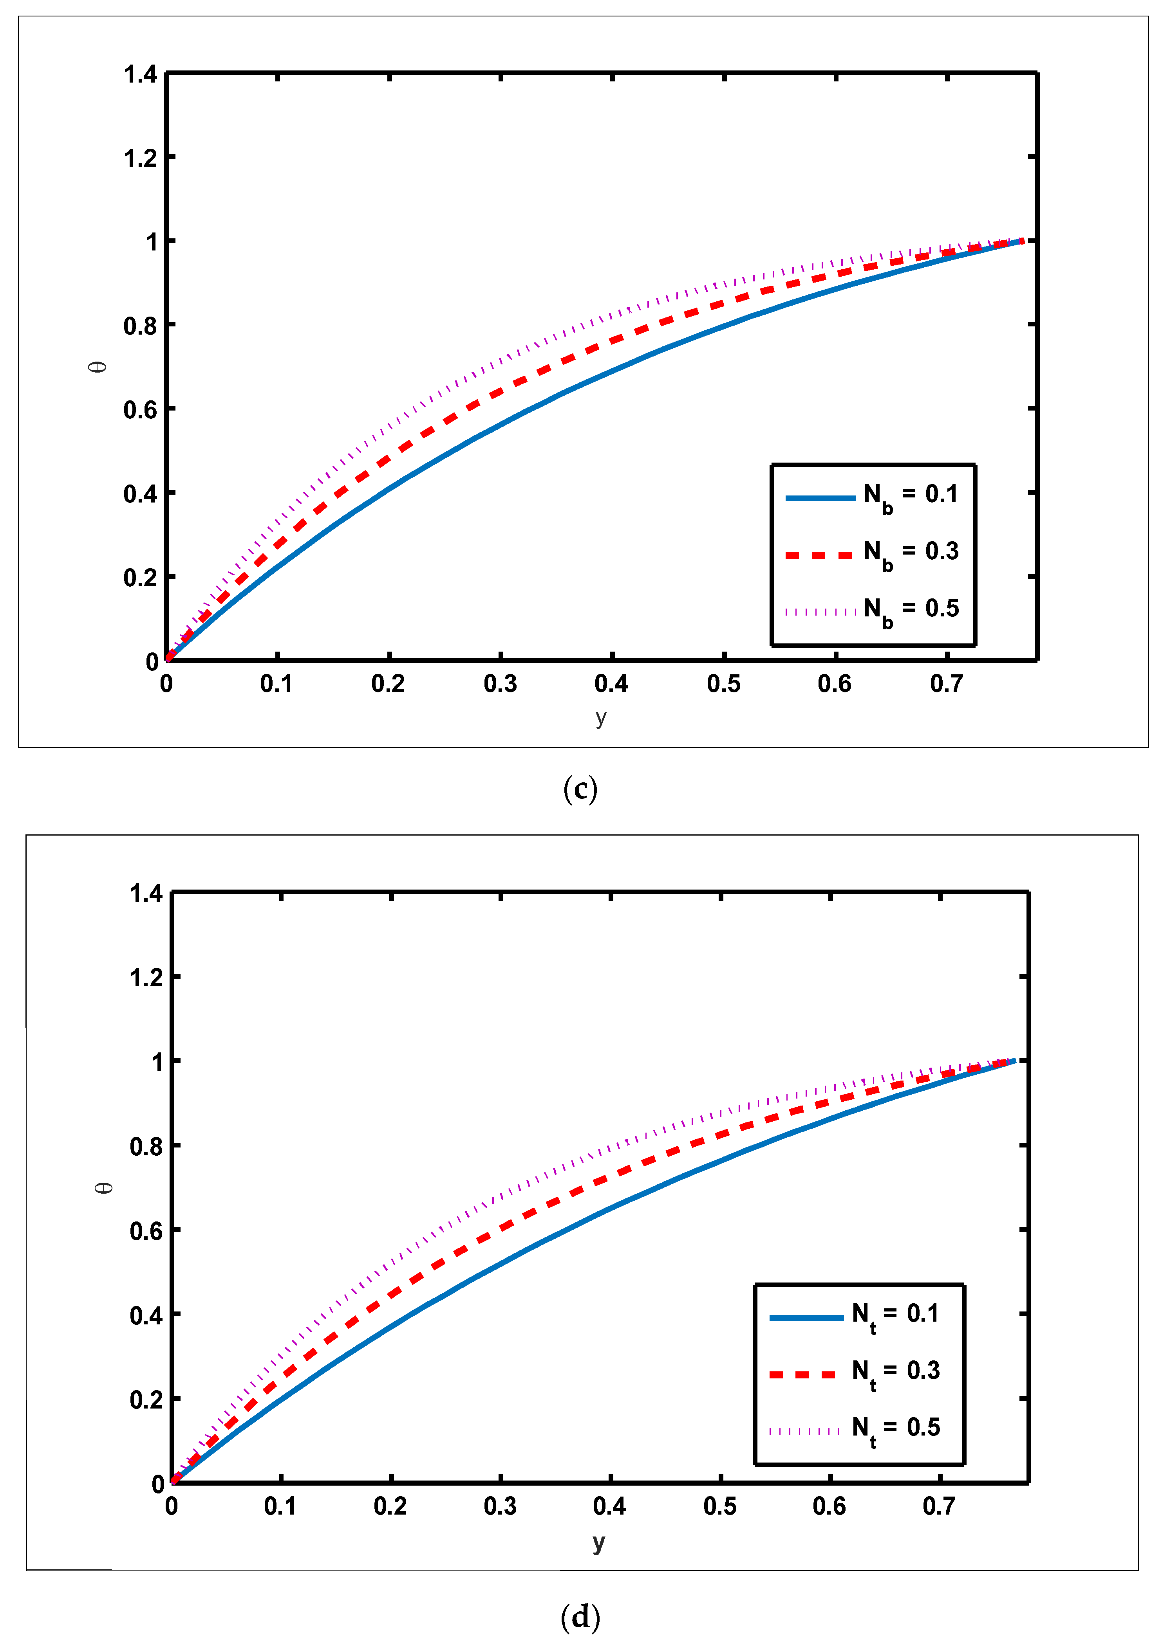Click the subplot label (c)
point(580,789)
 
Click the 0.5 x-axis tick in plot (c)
point(723,684)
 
